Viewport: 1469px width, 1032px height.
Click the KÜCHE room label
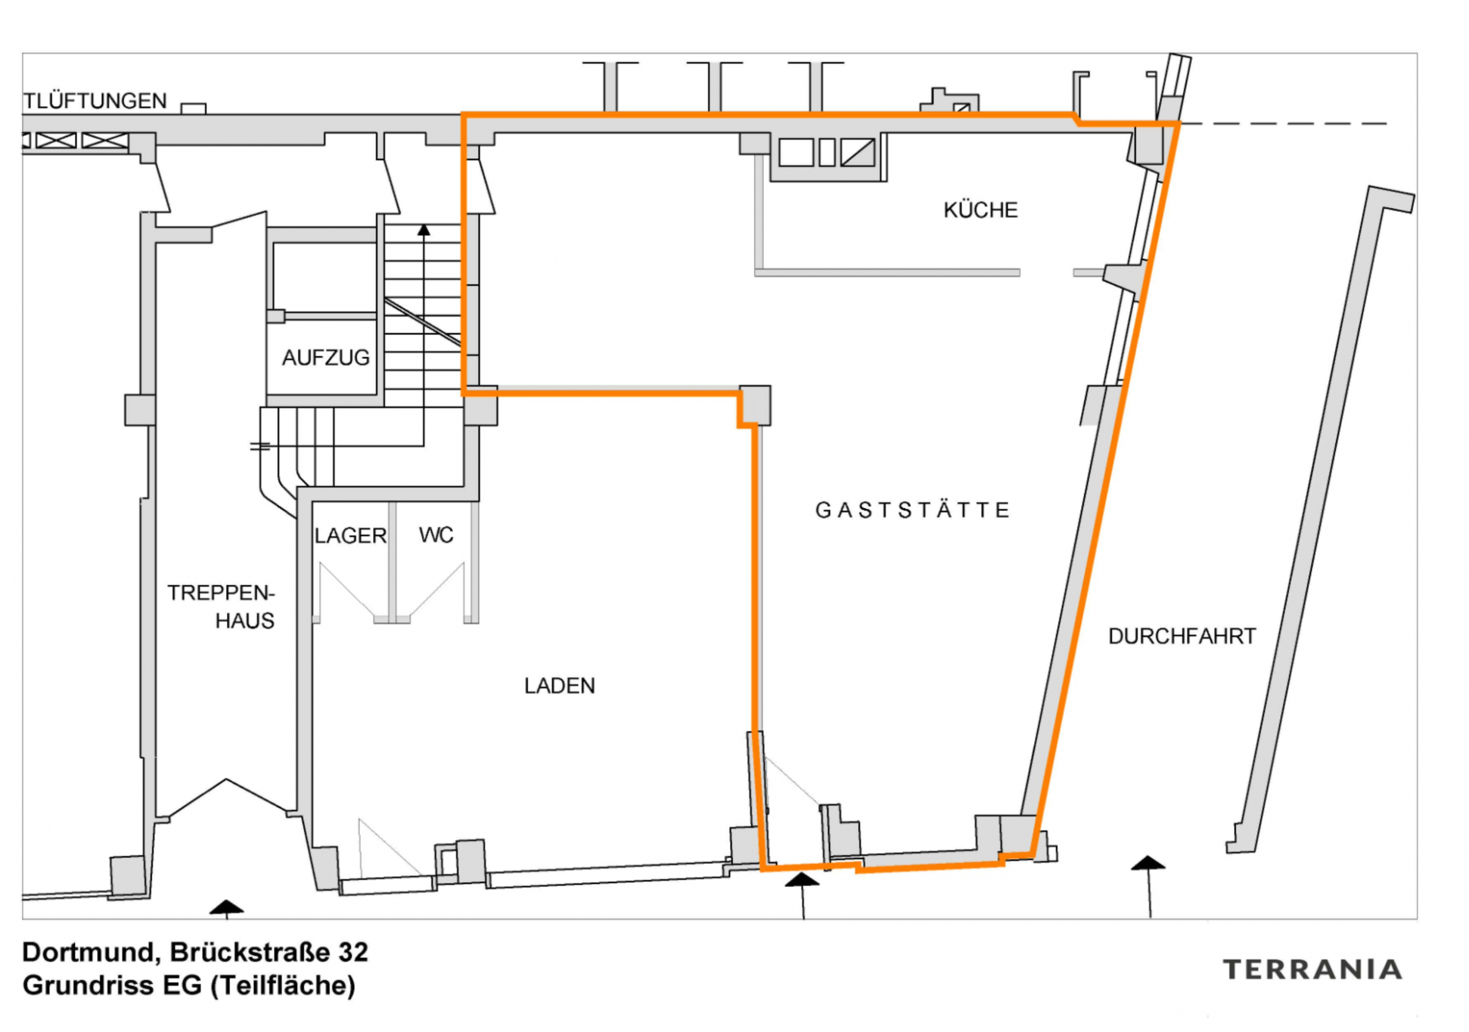[x=980, y=211]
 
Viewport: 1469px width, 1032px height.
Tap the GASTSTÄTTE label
[x=912, y=510]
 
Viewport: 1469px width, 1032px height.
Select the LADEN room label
[x=559, y=686]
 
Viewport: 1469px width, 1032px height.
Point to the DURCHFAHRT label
[x=1182, y=637]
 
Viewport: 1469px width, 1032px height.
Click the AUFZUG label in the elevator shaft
[x=326, y=358]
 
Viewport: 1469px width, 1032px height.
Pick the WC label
[x=436, y=535]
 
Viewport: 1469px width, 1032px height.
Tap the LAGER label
[x=350, y=536]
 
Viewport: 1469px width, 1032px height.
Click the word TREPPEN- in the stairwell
[x=221, y=593]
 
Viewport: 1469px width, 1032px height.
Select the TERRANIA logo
[x=1312, y=969]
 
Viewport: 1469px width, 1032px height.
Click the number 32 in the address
[x=353, y=952]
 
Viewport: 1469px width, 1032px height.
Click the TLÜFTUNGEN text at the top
[x=95, y=101]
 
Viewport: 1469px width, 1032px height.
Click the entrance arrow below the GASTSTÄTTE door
[x=802, y=880]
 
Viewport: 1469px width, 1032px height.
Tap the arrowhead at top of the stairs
[x=423, y=230]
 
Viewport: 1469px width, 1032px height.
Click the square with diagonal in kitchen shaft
[x=857, y=153]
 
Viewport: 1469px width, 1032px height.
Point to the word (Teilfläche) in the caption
[x=283, y=986]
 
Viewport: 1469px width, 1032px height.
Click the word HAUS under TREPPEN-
[x=244, y=621]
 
